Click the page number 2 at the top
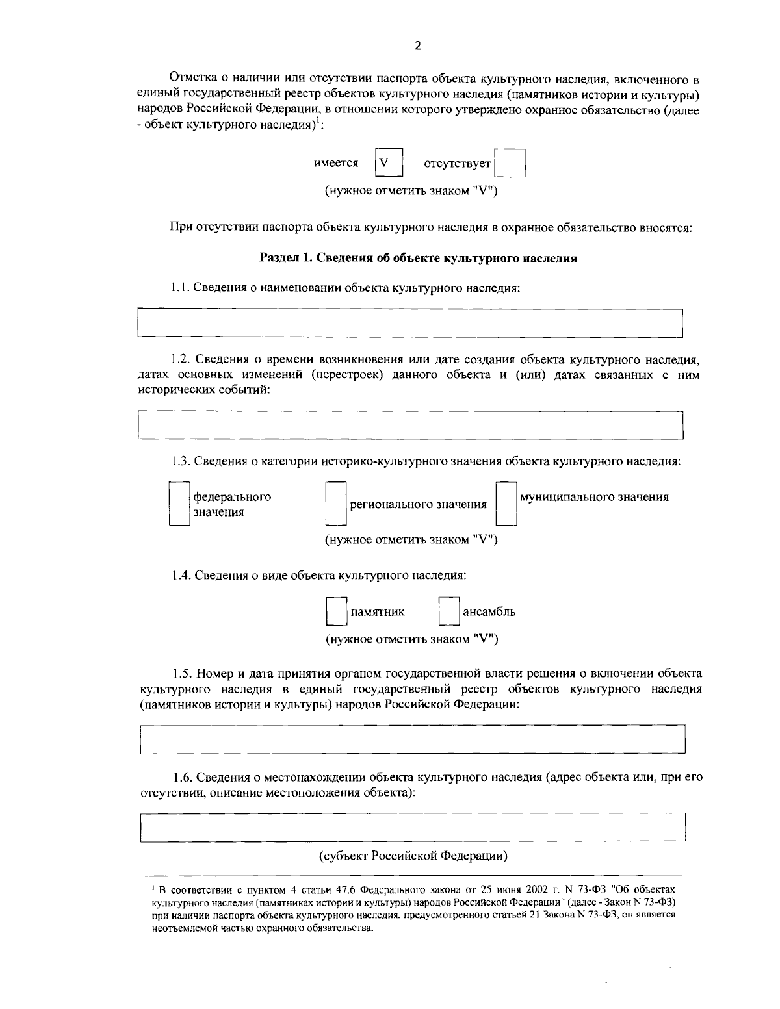coord(417,45)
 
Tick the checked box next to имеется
coord(389,163)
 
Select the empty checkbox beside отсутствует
coord(510,163)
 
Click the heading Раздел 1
coord(419,258)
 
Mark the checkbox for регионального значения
coord(335,504)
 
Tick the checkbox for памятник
coord(336,612)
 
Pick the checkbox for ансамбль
coord(449,612)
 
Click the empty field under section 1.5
coord(413,739)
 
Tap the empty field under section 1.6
coord(413,827)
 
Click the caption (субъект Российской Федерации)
coord(413,856)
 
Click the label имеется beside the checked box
coord(336,164)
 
